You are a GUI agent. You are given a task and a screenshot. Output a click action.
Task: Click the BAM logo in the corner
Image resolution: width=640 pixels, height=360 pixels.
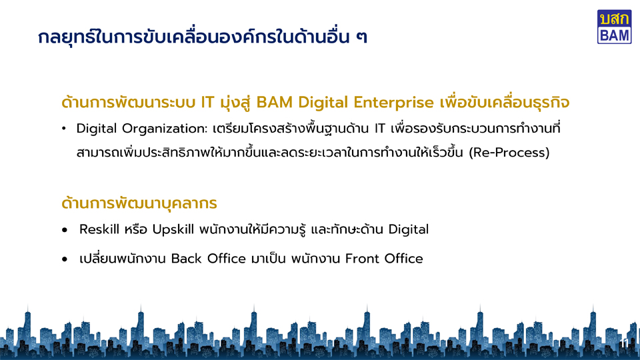coord(614,27)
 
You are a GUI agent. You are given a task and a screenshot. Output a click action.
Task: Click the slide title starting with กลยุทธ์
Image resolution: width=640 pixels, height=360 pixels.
coord(203,37)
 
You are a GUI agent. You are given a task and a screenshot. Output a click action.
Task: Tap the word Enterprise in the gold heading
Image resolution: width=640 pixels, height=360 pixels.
coord(393,103)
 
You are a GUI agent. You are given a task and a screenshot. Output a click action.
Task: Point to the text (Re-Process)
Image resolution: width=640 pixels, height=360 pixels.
coord(509,153)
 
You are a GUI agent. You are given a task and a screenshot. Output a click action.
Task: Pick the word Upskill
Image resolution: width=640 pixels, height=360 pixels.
coord(173,230)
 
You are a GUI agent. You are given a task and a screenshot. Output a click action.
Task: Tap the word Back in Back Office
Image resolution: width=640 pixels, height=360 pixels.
coord(186,259)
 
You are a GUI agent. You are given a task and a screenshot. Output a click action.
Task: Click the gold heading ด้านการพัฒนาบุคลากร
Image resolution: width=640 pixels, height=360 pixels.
coord(139,203)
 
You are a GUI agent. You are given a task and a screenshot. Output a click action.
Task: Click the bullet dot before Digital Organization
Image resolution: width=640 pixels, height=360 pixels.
coord(64,129)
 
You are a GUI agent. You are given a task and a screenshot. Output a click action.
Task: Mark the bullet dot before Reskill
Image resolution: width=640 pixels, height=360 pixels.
coord(65,230)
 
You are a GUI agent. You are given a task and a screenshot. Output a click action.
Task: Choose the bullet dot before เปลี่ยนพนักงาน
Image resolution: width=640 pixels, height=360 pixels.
coord(65,259)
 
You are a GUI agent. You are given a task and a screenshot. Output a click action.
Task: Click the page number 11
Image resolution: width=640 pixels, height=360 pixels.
coord(625,343)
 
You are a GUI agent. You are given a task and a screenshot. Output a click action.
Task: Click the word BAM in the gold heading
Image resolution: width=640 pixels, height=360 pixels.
coord(274,103)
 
